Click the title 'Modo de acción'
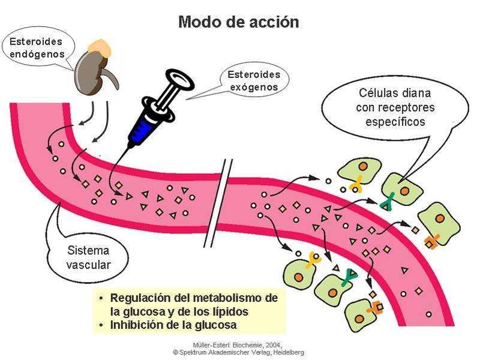(x=238, y=22)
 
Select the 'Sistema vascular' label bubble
(x=88, y=257)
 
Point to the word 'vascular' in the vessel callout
(x=88, y=264)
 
